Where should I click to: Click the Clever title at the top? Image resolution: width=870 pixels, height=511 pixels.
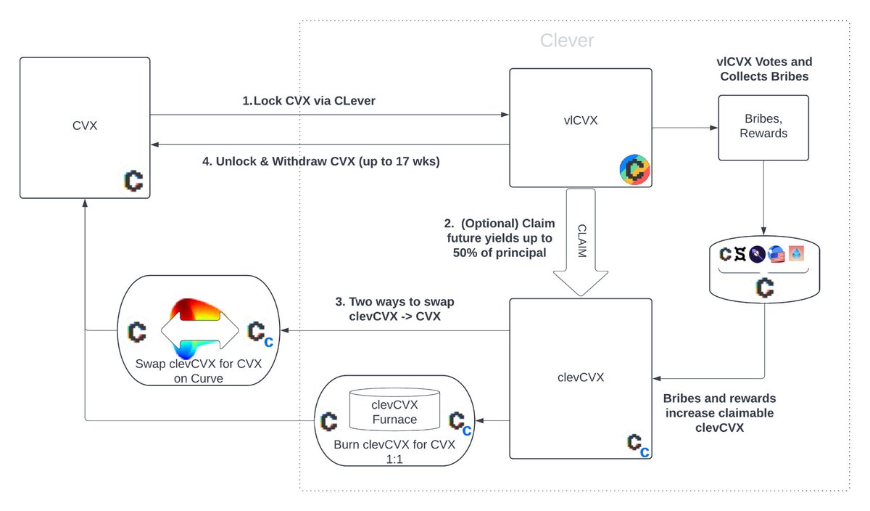click(567, 41)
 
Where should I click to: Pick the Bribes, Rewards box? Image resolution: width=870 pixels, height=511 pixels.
click(763, 127)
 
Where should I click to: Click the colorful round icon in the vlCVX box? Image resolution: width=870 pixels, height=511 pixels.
click(634, 169)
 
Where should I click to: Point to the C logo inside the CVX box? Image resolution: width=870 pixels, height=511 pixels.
click(133, 180)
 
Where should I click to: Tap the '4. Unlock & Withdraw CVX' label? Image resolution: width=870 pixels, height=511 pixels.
click(320, 160)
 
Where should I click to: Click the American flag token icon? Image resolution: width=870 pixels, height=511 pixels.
click(776, 255)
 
